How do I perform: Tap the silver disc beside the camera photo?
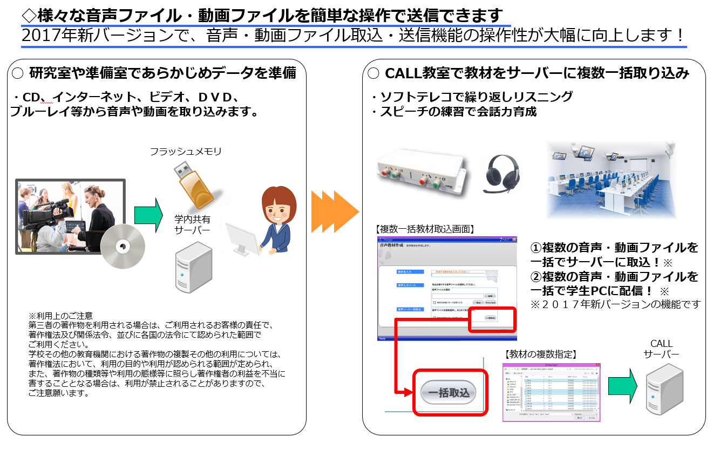pos(123,246)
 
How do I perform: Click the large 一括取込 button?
pos(449,392)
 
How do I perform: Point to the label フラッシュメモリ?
pos(186,152)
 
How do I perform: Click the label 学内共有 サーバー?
pos(192,224)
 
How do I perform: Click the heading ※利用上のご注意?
pos(60,316)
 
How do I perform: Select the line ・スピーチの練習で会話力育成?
pos(453,112)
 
